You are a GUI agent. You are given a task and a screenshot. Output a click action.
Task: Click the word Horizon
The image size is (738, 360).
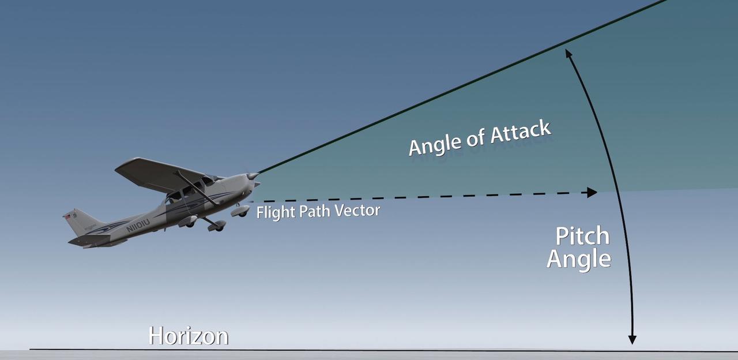click(x=188, y=336)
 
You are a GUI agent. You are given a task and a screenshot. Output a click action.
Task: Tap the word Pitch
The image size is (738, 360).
click(x=582, y=237)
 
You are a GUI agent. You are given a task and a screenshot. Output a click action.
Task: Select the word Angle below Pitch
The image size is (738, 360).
click(x=578, y=258)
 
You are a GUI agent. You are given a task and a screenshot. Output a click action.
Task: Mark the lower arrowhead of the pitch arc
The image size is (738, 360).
click(x=632, y=339)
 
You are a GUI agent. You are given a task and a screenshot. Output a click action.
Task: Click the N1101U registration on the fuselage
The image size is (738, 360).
click(x=138, y=225)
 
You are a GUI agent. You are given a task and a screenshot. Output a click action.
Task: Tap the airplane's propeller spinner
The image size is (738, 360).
click(x=253, y=176)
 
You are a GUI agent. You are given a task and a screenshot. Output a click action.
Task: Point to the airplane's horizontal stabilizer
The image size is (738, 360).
click(x=89, y=239)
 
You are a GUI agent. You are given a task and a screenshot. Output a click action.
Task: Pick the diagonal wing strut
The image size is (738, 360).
click(x=196, y=187)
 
